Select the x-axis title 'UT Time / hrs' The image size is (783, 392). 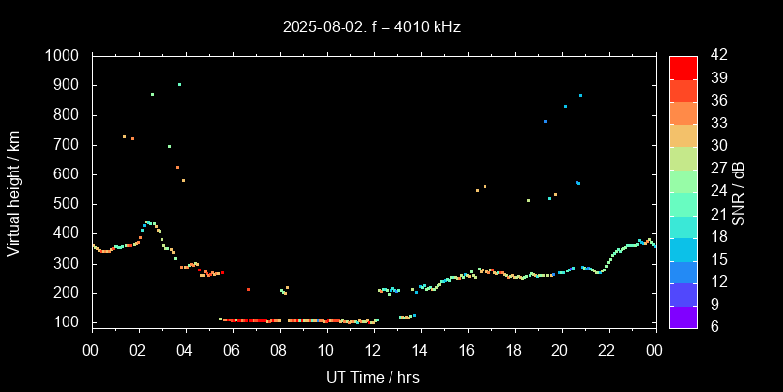(x=373, y=376)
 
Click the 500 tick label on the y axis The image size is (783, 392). (x=69, y=204)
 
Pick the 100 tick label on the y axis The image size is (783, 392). (x=69, y=322)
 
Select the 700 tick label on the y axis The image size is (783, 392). (x=69, y=145)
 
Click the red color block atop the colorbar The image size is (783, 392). (x=683, y=67)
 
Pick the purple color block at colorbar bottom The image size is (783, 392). (x=683, y=316)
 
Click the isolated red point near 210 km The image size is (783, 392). (x=248, y=290)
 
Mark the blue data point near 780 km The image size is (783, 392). (x=545, y=121)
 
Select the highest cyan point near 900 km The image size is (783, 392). (x=179, y=84)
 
